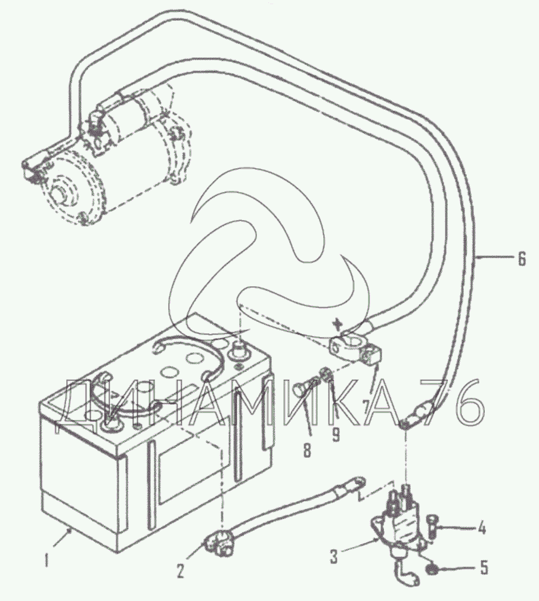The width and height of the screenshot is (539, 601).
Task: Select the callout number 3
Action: pyautogui.click(x=334, y=557)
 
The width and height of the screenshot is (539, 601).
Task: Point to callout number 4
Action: pyautogui.click(x=482, y=528)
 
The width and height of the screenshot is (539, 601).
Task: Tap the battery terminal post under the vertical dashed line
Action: pyautogui.click(x=240, y=351)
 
